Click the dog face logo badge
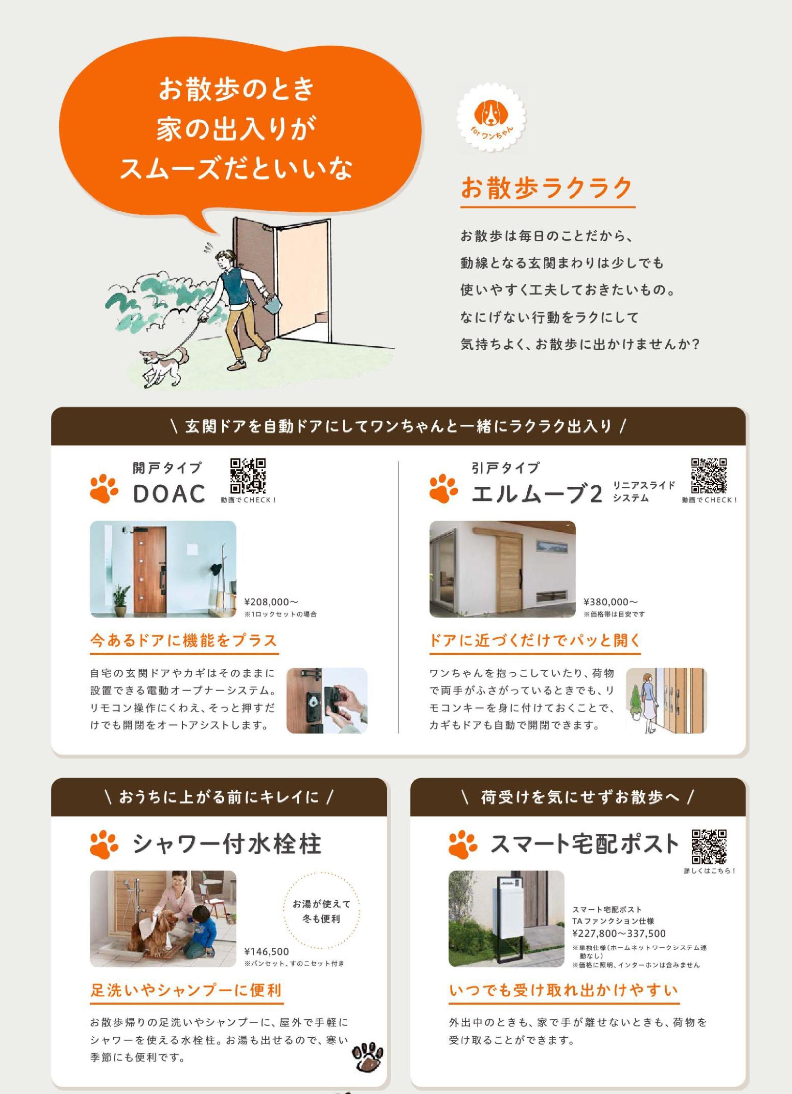click(x=491, y=118)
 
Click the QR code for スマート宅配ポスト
click(x=709, y=847)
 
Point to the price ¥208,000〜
click(x=272, y=602)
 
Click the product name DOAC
click(x=169, y=494)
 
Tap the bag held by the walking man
click(x=274, y=305)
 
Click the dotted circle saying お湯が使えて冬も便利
click(x=322, y=912)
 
